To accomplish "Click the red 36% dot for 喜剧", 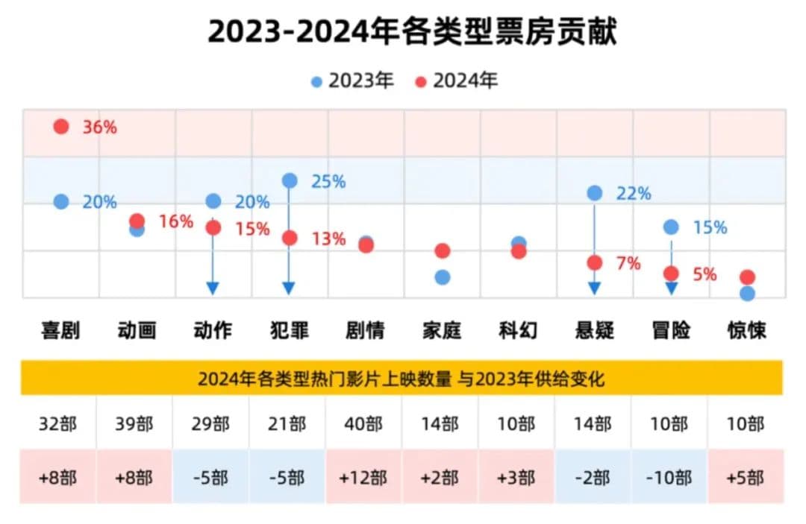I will coord(61,127).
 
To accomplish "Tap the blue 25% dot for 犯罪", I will coord(290,180).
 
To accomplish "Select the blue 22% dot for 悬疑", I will coord(594,193).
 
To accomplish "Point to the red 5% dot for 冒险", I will coord(671,274).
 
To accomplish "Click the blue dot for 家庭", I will coord(442,277).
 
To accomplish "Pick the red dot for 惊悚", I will coord(747,277).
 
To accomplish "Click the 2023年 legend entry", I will coord(352,81).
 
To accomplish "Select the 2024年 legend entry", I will coord(456,81).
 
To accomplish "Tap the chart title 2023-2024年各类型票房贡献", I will coord(412,33).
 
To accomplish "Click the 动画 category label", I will coord(137,330).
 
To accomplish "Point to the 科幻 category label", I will coord(518,330).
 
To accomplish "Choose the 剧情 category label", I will coord(366,330).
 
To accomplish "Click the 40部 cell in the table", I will coord(363,424).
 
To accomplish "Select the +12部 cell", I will coord(363,477).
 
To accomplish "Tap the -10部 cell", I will coord(669,477).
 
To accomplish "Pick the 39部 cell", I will coord(134,424).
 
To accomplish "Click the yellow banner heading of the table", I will coord(402,379).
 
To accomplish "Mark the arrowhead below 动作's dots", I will coord(213,288).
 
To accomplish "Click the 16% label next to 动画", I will coord(176,222).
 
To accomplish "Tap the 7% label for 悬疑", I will coord(628,263).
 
